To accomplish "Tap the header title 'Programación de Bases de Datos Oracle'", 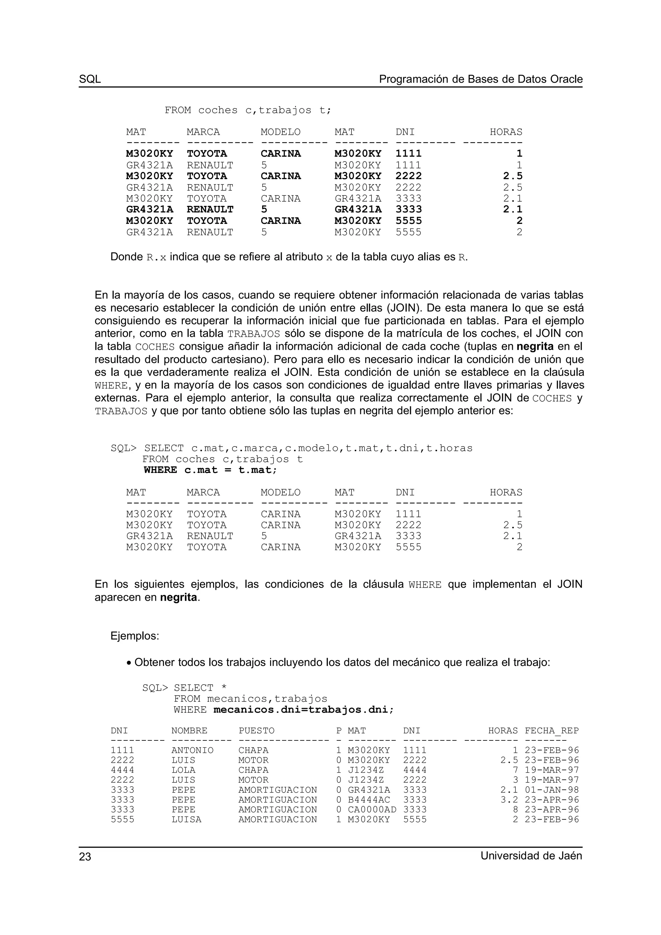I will (481, 79).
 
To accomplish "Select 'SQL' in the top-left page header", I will (90, 79).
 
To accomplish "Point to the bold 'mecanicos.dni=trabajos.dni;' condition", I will (303, 710).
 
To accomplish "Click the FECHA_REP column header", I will (552, 730).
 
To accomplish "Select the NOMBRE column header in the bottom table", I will (189, 730).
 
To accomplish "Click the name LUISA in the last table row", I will (187, 819).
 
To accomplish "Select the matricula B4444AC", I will (369, 800).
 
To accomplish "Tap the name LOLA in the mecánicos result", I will (183, 770).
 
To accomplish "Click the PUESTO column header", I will (256, 730).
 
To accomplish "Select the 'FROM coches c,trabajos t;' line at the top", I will (248, 110).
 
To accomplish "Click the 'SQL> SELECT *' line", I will (184, 688).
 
